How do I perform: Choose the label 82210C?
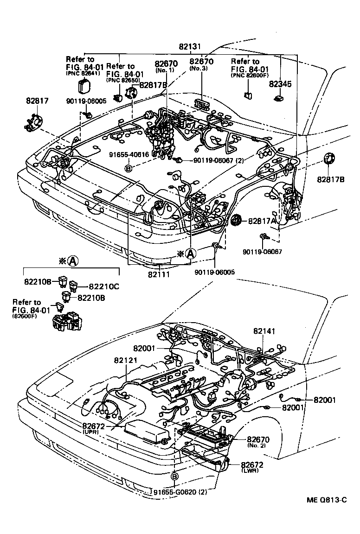(x=104, y=286)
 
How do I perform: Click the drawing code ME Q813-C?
(x=327, y=500)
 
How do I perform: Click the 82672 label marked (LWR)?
(x=256, y=464)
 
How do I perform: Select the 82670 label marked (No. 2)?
(x=258, y=439)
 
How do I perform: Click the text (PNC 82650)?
(x=121, y=80)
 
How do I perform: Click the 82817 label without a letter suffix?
(x=37, y=100)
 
